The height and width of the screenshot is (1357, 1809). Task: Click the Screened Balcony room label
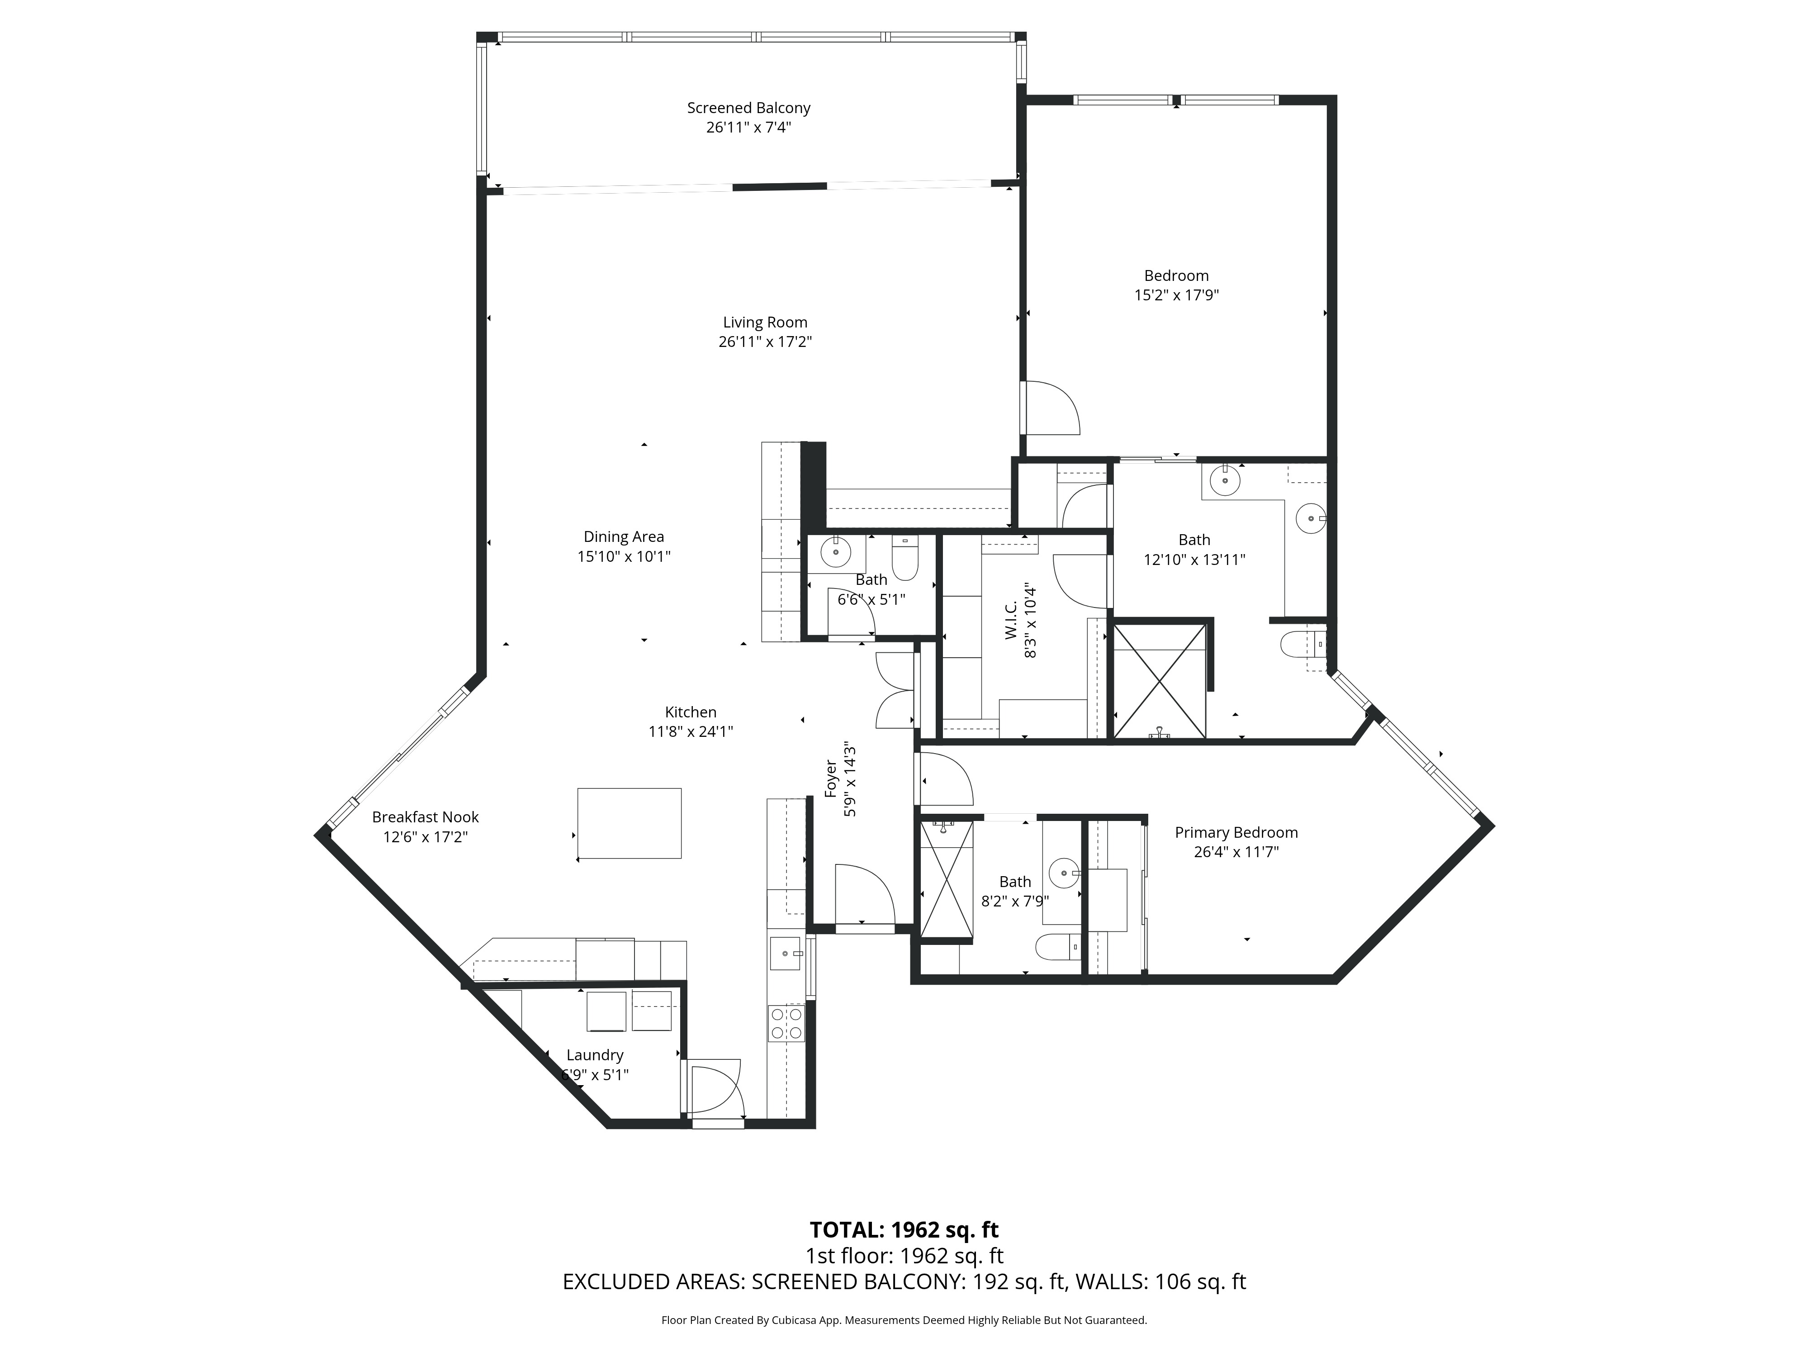(x=748, y=108)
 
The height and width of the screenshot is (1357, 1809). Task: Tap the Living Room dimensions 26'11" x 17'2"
(x=765, y=342)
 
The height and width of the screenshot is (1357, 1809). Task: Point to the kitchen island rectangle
(x=629, y=823)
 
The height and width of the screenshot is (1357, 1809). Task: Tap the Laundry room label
(x=595, y=1055)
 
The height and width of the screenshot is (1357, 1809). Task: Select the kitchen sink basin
(x=785, y=954)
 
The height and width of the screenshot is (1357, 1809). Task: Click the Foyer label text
(x=831, y=779)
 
